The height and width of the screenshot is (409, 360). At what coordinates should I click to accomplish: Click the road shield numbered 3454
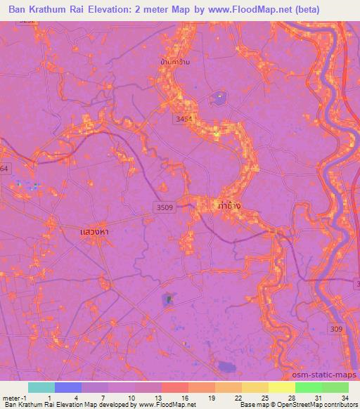coord(184,119)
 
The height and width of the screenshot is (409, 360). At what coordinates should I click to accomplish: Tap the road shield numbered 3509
coord(165,206)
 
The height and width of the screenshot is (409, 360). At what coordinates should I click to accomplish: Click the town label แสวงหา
coord(94,231)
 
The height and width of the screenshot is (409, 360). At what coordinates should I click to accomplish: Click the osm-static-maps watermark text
coord(330,375)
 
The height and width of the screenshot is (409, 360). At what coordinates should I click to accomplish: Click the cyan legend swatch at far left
coord(41,387)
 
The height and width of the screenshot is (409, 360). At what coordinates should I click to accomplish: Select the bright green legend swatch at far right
coord(335,387)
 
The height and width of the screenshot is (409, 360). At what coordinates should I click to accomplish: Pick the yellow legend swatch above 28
coord(281,387)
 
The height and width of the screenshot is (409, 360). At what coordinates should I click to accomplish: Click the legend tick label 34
coord(344,398)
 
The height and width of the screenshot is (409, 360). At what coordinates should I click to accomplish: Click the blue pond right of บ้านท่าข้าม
coord(220,97)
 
